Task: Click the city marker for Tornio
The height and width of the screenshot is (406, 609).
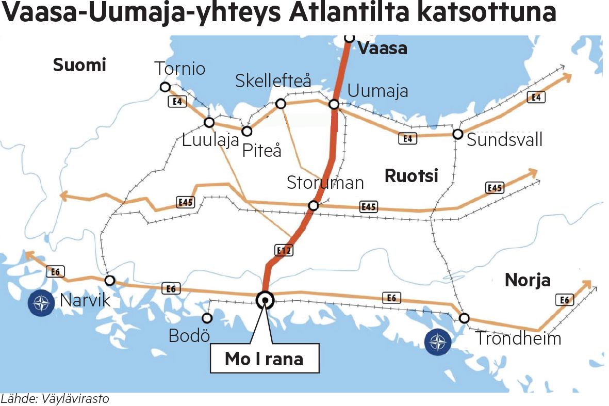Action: [165, 87]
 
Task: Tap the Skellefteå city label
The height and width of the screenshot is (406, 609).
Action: [273, 81]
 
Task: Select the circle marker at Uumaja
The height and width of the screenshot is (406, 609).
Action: [334, 105]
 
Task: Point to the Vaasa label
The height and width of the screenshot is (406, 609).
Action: [382, 48]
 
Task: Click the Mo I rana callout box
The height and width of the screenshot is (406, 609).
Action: [264, 359]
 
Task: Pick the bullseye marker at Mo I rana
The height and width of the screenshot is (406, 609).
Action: [265, 299]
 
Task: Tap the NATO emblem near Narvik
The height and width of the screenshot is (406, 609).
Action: [41, 303]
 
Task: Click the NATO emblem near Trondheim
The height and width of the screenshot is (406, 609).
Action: [438, 342]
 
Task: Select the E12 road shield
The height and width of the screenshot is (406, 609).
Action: [284, 251]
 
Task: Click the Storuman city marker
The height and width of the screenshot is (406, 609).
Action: [313, 206]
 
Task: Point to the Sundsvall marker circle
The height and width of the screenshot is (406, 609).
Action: [457, 134]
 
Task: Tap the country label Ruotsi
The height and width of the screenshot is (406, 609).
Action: [411, 176]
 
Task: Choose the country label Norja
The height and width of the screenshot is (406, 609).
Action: [528, 280]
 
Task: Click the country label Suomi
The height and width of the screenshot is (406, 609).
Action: [79, 65]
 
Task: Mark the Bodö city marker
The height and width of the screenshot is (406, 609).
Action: [207, 318]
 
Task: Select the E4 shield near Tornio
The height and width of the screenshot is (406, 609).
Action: [177, 102]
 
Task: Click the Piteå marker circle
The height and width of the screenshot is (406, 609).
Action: [247, 131]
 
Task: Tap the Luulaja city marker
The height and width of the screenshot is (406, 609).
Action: [209, 123]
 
